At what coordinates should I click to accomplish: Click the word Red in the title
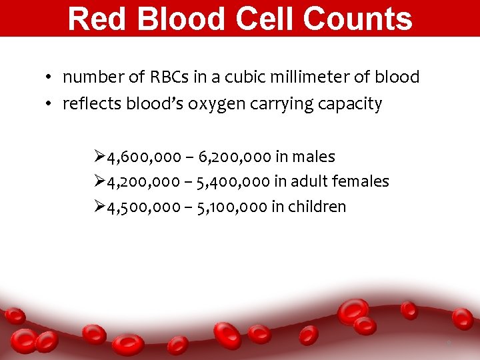[x=93, y=19]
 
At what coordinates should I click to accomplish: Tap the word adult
[x=314, y=181]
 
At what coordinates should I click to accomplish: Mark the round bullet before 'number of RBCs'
[x=50, y=78]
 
